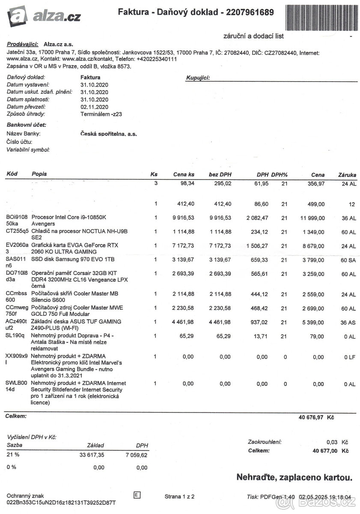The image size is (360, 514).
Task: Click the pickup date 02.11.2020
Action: (x=94, y=107)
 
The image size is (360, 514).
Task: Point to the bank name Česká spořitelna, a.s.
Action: (x=109, y=134)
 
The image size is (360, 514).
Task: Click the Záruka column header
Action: (x=347, y=175)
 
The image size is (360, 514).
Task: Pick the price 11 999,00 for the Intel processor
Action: (x=312, y=218)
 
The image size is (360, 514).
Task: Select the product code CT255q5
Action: (x=17, y=231)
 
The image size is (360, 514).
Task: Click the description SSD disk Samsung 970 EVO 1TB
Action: (x=73, y=259)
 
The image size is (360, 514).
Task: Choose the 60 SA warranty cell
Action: (x=348, y=260)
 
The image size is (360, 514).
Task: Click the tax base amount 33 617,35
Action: (x=92, y=455)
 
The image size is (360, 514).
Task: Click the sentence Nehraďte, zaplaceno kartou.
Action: (x=295, y=477)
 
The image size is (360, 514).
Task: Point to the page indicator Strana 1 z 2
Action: (x=179, y=497)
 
